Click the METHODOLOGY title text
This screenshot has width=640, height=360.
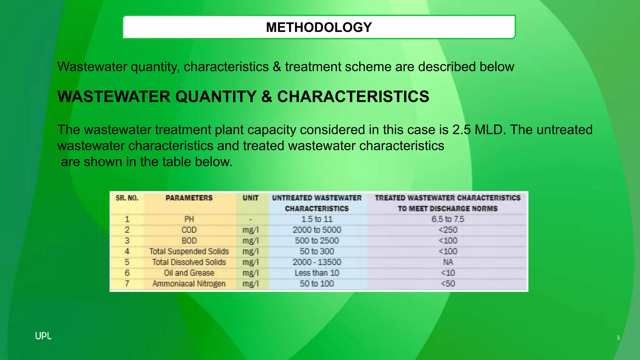(x=319, y=27)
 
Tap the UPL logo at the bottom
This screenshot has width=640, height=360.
(x=43, y=336)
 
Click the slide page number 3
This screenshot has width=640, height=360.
(x=618, y=337)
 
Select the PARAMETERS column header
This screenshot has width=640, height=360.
(x=189, y=198)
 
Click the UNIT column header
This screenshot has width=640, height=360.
(x=250, y=198)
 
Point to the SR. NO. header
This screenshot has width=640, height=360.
(x=127, y=198)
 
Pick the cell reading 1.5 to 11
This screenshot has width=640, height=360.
(x=317, y=219)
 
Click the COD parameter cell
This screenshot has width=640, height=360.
(x=189, y=230)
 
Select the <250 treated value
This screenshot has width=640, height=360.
(x=447, y=230)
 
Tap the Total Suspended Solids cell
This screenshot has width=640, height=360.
(x=189, y=252)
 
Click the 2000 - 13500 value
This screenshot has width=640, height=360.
(x=317, y=262)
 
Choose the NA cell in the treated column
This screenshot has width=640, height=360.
(x=447, y=262)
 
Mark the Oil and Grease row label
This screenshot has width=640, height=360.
(x=189, y=273)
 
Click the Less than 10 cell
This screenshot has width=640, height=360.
(x=317, y=273)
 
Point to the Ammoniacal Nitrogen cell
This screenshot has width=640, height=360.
(x=189, y=284)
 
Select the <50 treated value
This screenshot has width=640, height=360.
(x=447, y=284)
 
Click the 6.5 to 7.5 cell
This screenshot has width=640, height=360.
(x=447, y=219)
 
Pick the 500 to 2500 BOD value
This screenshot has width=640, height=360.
(x=317, y=241)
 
